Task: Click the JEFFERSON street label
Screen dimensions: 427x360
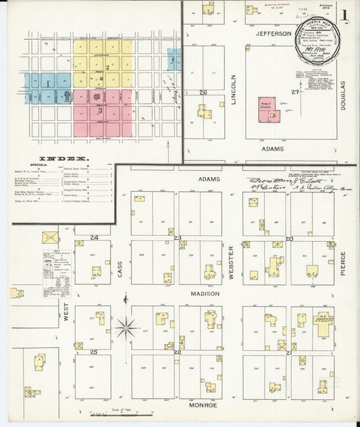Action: click(273, 32)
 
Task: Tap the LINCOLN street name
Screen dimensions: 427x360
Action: click(235, 89)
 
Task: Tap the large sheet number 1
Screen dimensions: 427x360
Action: click(345, 15)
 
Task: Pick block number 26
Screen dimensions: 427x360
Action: click(203, 92)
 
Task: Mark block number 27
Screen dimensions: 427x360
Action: click(294, 92)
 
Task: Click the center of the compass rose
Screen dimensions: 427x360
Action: click(126, 328)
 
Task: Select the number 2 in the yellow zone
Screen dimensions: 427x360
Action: click(107, 67)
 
